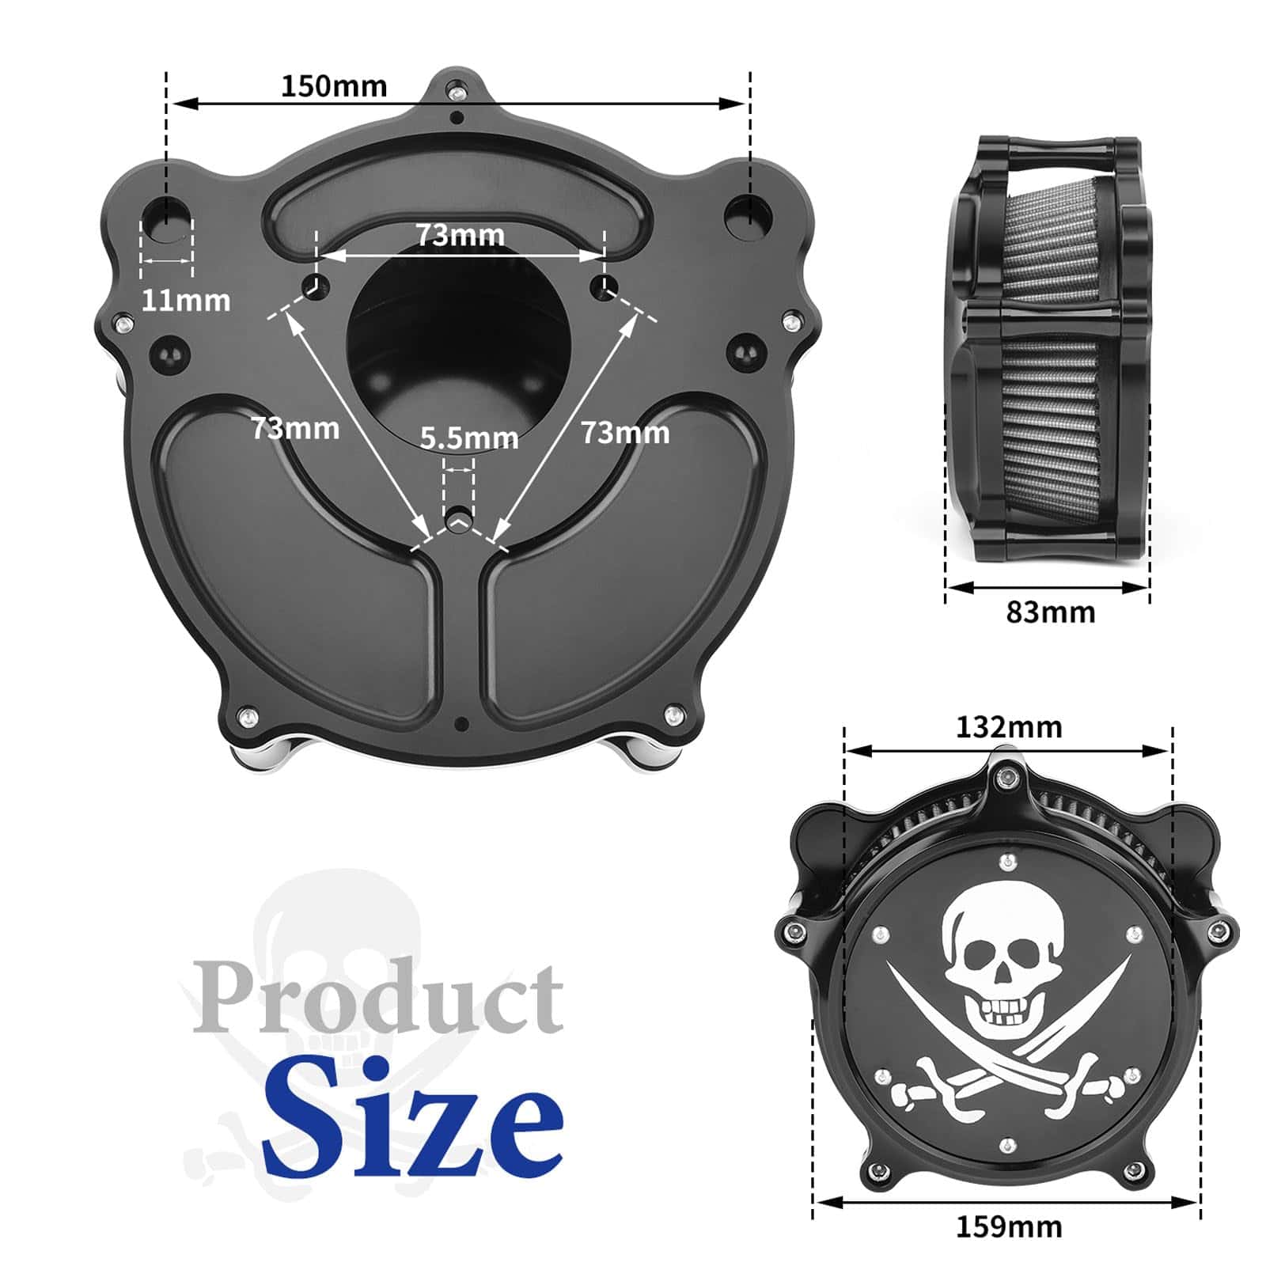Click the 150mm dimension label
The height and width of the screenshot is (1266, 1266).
[x=334, y=85]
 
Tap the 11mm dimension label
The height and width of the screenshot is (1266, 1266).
[x=186, y=301]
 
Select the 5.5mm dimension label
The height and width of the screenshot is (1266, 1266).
[x=469, y=438]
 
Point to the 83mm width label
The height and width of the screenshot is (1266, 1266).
[x=1051, y=612]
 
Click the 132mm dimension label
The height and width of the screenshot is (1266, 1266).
[x=1009, y=726]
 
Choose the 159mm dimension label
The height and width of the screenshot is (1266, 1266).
[x=1009, y=1226]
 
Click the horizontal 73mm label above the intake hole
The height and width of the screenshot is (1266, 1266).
[x=461, y=235]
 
